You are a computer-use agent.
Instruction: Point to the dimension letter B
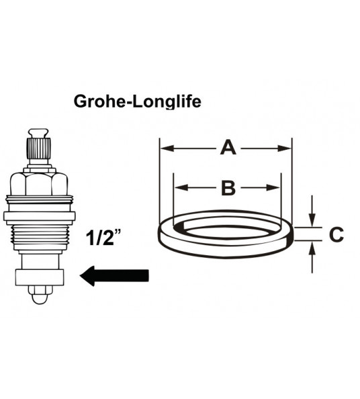[228, 188]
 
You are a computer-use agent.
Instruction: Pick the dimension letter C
[336, 235]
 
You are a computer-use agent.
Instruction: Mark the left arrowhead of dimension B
[179, 189]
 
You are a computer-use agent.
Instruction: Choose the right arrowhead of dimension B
[274, 189]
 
